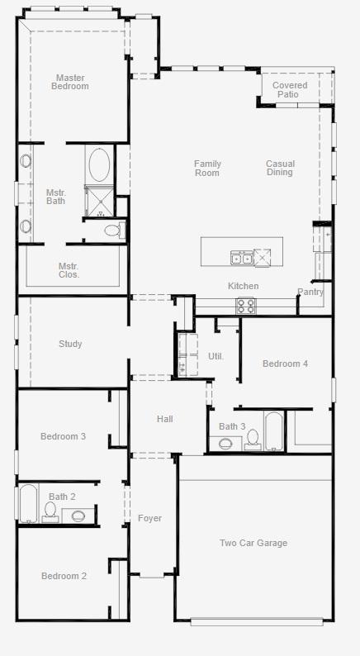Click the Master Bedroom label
click(70, 82)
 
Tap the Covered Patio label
click(290, 89)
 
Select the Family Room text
click(207, 169)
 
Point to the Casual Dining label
click(280, 168)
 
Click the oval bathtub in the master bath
click(100, 165)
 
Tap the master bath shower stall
click(100, 202)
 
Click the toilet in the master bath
click(115, 230)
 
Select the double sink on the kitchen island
click(242, 258)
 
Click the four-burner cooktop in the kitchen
click(246, 306)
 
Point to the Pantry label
click(310, 292)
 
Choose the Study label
click(70, 344)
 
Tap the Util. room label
click(216, 356)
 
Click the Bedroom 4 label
click(285, 364)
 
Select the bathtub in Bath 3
click(274, 431)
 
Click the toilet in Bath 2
click(50, 512)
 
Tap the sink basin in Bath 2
click(78, 516)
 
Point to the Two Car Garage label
click(253, 543)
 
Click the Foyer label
click(149, 518)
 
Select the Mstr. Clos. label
click(69, 270)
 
